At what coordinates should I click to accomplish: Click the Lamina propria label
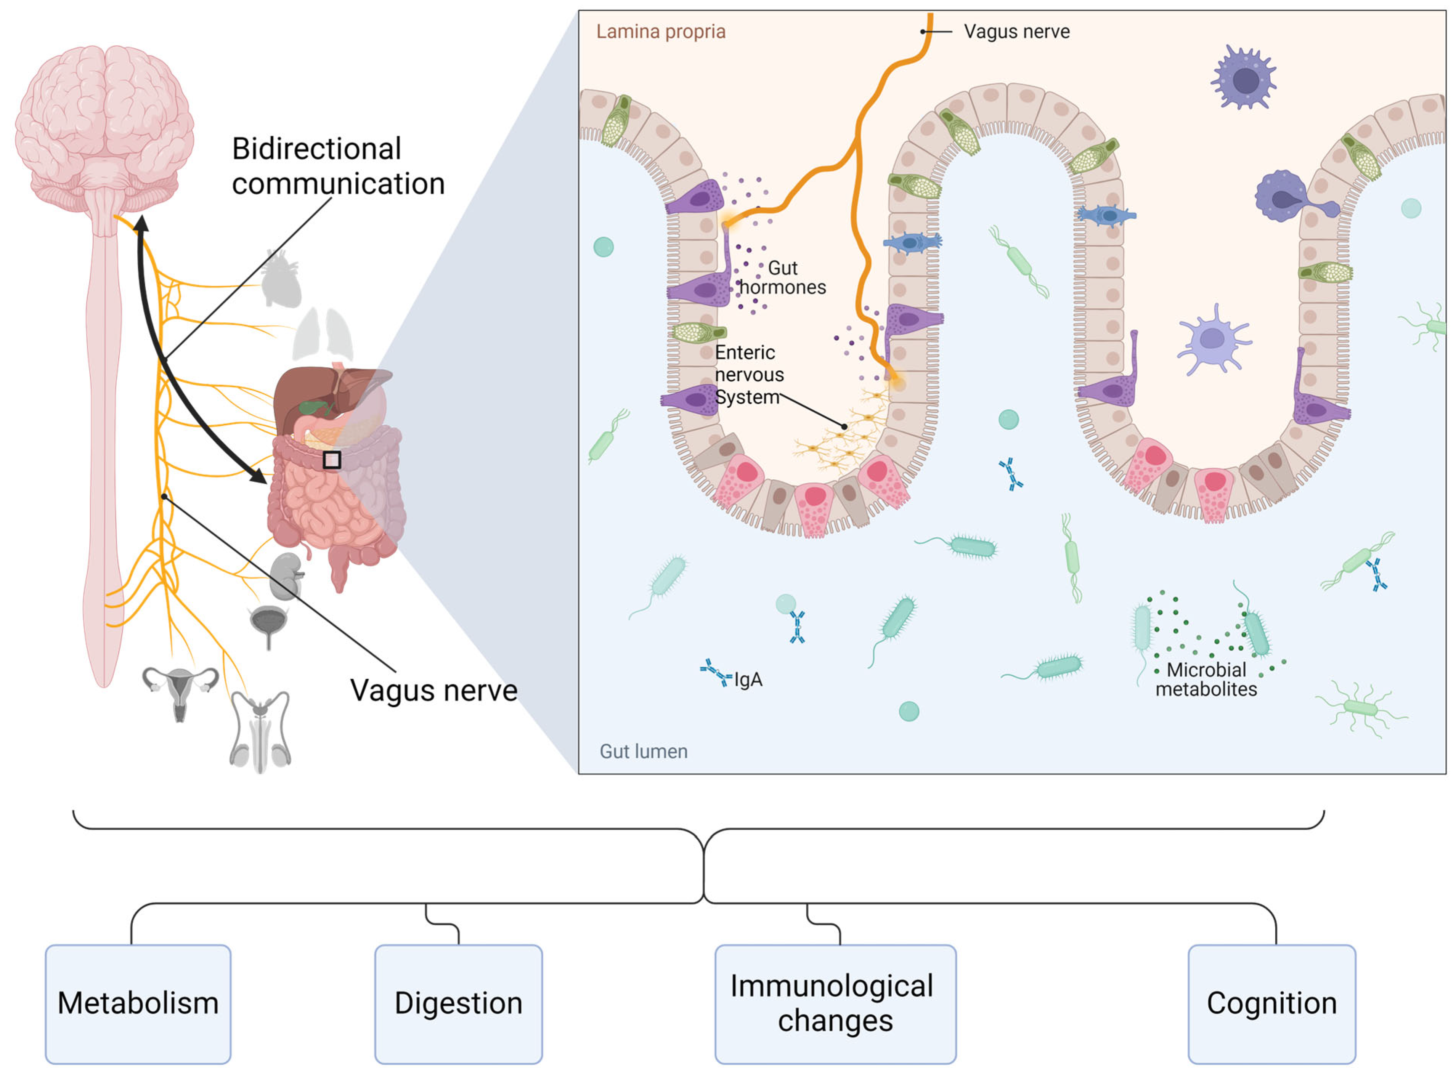pos(660,31)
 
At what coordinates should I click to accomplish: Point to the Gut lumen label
pos(643,752)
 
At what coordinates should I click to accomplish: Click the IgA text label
pos(748,680)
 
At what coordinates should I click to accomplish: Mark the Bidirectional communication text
pos(338,166)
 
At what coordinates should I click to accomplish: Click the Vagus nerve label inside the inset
pos(1016,31)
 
